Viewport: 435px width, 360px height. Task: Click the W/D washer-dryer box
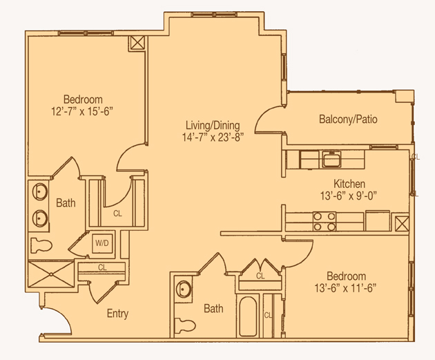tap(102, 243)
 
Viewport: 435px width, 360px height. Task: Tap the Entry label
tap(117, 314)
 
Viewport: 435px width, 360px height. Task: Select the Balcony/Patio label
tap(348, 119)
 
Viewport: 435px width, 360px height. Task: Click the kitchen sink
tap(331, 159)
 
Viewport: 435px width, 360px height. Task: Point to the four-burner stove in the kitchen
tap(325, 221)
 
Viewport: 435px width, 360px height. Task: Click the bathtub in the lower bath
tap(248, 316)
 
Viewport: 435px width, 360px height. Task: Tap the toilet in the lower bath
tap(185, 325)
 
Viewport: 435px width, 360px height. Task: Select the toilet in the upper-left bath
tap(41, 245)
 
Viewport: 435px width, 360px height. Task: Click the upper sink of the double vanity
tap(40, 191)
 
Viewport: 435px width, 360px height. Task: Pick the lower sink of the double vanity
tap(40, 218)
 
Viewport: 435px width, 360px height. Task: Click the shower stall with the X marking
tap(51, 274)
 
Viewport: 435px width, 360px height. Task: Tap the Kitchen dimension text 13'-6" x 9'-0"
tap(349, 196)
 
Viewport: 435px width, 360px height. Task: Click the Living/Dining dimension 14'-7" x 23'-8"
tap(213, 137)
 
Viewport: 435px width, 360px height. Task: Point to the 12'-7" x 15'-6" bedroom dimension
tap(82, 111)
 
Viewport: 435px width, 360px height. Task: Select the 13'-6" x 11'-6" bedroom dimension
tap(345, 288)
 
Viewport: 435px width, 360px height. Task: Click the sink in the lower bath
tap(184, 290)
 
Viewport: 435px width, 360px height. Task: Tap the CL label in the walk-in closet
tap(117, 214)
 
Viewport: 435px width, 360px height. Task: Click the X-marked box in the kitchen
tap(402, 223)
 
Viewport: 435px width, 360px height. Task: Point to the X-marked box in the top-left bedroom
tap(137, 43)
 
